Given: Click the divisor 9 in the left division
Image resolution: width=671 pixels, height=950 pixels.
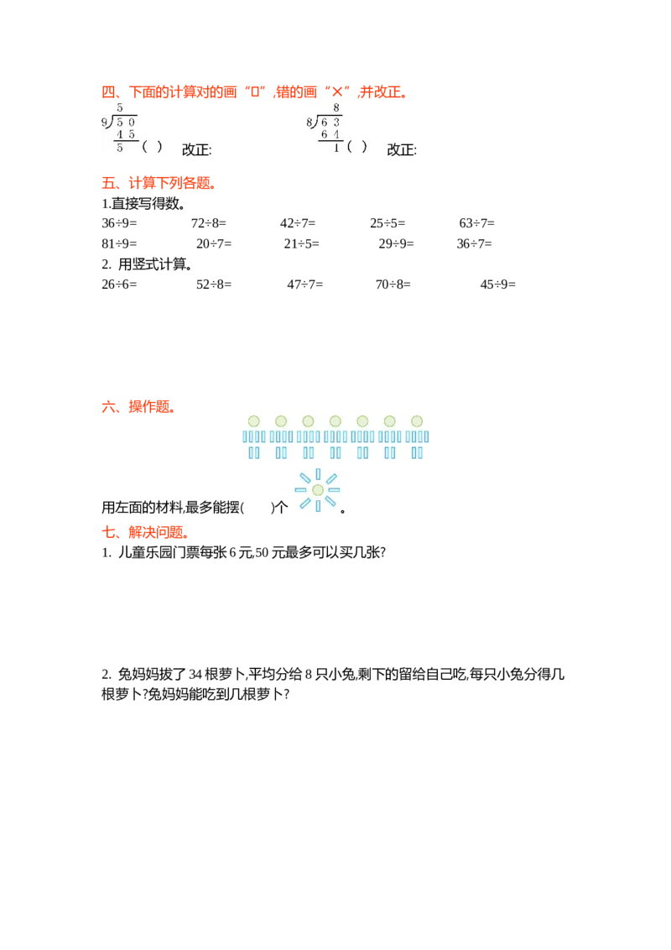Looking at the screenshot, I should click(104, 123).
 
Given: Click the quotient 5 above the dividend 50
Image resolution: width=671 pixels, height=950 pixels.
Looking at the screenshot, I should click(120, 108).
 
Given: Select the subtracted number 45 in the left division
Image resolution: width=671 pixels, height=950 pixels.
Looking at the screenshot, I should click(126, 134).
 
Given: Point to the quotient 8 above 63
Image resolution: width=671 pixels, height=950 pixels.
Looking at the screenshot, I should click(335, 108).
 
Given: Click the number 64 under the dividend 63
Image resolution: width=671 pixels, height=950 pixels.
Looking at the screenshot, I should click(330, 134).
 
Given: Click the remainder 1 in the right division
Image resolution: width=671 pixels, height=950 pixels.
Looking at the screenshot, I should click(336, 148).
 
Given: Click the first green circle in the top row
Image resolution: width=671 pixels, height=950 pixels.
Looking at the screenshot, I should click(253, 420).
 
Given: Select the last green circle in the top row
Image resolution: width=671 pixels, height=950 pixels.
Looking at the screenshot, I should click(417, 420).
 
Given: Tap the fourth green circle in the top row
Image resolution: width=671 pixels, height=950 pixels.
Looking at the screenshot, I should click(335, 420).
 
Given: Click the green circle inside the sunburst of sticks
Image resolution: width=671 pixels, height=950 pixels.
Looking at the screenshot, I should click(317, 490).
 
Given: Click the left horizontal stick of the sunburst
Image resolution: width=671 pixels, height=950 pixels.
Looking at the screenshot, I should click(301, 490).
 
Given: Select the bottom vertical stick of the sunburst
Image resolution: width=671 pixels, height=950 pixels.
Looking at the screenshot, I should click(317, 506).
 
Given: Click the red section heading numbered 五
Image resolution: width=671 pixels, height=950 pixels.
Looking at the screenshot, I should click(158, 183).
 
